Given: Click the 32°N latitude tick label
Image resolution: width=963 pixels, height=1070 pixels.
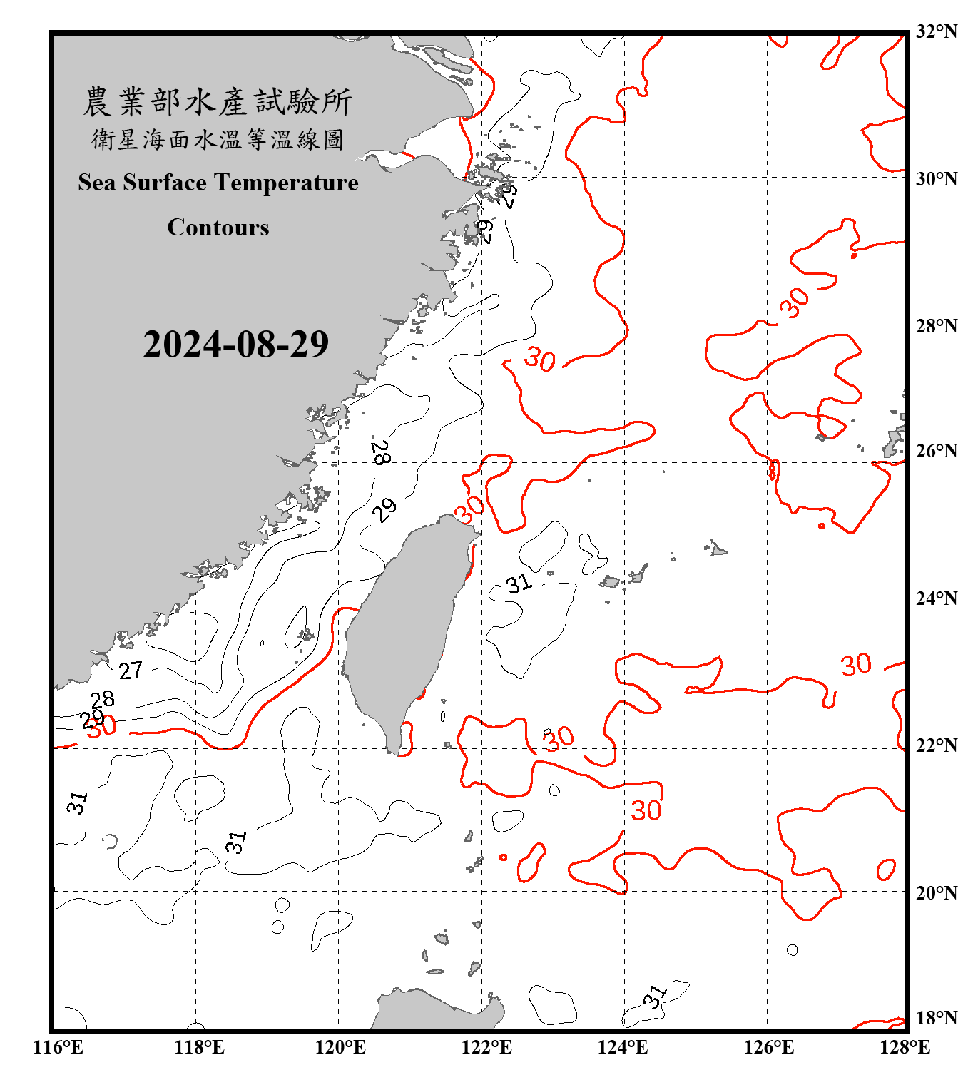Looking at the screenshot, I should [x=936, y=31].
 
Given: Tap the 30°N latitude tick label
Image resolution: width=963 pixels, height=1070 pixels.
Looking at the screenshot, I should [x=936, y=178].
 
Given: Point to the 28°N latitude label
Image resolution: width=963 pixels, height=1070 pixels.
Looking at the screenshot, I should [x=936, y=326].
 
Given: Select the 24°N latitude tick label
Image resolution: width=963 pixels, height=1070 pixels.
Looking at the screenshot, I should [x=936, y=598].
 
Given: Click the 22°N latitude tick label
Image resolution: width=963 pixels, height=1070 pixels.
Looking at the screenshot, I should [x=936, y=745].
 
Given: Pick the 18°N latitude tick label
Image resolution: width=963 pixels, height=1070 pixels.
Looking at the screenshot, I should [x=936, y=1018].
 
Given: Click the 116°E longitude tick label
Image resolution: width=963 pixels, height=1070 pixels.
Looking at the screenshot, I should [x=58, y=1047].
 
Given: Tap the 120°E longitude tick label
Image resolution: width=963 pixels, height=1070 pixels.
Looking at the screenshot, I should [x=340, y=1047].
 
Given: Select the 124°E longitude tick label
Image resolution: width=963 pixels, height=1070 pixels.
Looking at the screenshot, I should [x=623, y=1047].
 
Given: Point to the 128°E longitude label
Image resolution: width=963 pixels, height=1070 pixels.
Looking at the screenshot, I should [x=905, y=1047].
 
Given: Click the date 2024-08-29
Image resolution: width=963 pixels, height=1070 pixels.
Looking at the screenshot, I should [x=235, y=345].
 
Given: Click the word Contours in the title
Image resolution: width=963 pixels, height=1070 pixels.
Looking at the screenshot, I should [x=218, y=228].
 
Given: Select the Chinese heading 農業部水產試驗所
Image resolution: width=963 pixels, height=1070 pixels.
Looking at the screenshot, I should [x=218, y=102].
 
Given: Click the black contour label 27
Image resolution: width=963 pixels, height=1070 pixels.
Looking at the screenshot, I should [x=131, y=671].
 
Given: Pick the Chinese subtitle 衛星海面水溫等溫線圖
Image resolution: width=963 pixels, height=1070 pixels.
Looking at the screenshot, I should [x=218, y=140].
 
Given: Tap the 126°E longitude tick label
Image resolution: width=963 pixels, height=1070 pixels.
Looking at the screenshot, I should [x=768, y=1047].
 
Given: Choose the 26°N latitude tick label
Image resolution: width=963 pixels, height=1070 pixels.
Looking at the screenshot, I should [x=936, y=451].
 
